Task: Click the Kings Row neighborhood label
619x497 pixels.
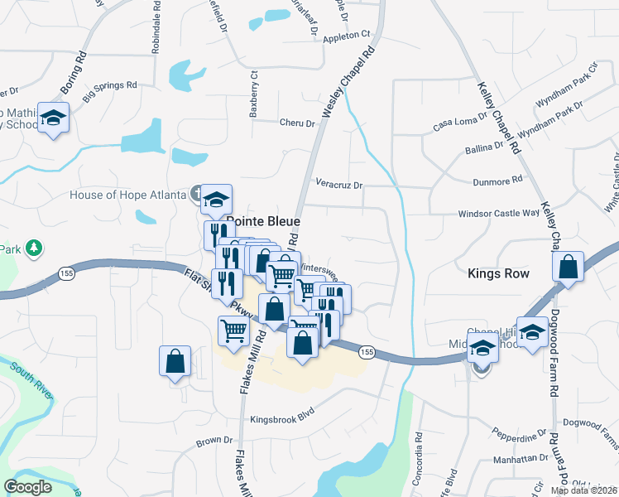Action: click(498, 273)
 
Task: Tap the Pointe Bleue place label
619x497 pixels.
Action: click(262, 222)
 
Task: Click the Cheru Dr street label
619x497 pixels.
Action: click(298, 123)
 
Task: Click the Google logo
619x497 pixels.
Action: click(28, 487)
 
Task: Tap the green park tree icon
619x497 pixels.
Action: click(33, 248)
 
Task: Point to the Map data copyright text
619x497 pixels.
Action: click(584, 490)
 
